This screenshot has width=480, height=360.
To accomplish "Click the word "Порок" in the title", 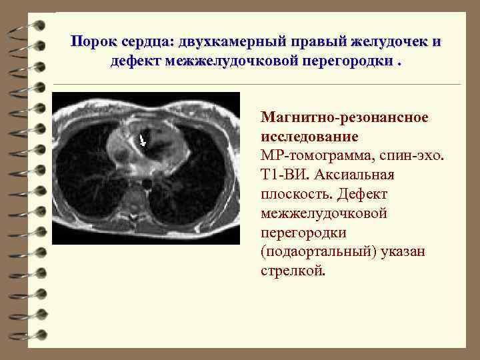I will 95,41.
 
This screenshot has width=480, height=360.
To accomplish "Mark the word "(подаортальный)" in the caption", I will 323,253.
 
